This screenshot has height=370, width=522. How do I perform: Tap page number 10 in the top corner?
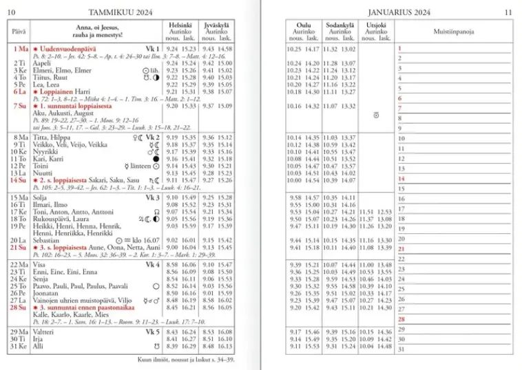point(12,12)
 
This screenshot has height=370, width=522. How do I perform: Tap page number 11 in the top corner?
point(508,12)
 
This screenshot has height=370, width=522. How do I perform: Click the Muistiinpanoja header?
point(453,32)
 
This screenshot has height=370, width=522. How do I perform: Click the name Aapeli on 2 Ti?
point(41,63)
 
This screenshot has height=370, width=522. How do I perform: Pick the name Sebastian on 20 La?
point(45,240)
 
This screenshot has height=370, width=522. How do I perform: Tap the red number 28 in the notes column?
point(401,319)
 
